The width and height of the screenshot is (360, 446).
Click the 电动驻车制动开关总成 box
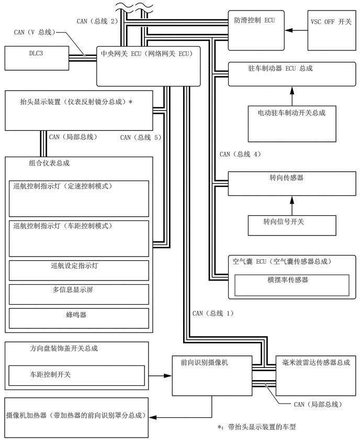291,123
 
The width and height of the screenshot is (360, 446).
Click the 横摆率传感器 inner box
291,285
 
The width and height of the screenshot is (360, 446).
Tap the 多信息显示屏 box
79,294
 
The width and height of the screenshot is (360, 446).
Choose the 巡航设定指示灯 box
79,270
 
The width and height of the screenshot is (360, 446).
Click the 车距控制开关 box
76,375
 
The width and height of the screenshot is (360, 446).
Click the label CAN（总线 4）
240,154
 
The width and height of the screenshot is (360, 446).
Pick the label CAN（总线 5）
140,138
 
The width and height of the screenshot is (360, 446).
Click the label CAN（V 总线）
34,32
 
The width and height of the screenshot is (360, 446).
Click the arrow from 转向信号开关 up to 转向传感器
291,205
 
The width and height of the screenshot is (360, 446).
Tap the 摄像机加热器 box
76,409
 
